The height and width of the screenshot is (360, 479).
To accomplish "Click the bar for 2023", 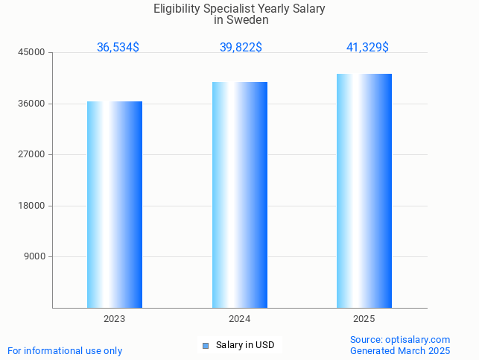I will (115, 204).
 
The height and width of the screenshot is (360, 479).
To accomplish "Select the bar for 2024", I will (240, 195).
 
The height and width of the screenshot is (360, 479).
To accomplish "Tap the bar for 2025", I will (364, 191).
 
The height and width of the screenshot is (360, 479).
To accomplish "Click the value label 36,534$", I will (118, 48).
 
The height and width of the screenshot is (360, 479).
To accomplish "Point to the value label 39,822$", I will (241, 48).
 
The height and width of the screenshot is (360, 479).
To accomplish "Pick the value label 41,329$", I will (367, 48).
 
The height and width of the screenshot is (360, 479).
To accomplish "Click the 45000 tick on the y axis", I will (33, 52).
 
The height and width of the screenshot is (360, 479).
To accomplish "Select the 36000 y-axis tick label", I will (33, 104).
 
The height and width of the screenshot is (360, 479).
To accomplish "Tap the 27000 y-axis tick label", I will (33, 154).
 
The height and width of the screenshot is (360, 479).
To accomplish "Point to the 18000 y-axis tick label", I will (33, 206).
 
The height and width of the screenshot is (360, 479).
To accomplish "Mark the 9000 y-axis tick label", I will (35, 256).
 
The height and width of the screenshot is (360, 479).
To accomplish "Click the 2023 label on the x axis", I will (115, 319).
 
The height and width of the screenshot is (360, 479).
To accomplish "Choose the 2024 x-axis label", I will (240, 319).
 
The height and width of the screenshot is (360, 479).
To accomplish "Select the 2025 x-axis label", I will (364, 319).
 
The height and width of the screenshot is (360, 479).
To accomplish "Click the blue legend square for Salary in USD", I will (206, 345).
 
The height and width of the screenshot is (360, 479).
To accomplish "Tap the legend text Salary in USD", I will (245, 345).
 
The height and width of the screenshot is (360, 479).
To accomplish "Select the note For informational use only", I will (65, 350).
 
